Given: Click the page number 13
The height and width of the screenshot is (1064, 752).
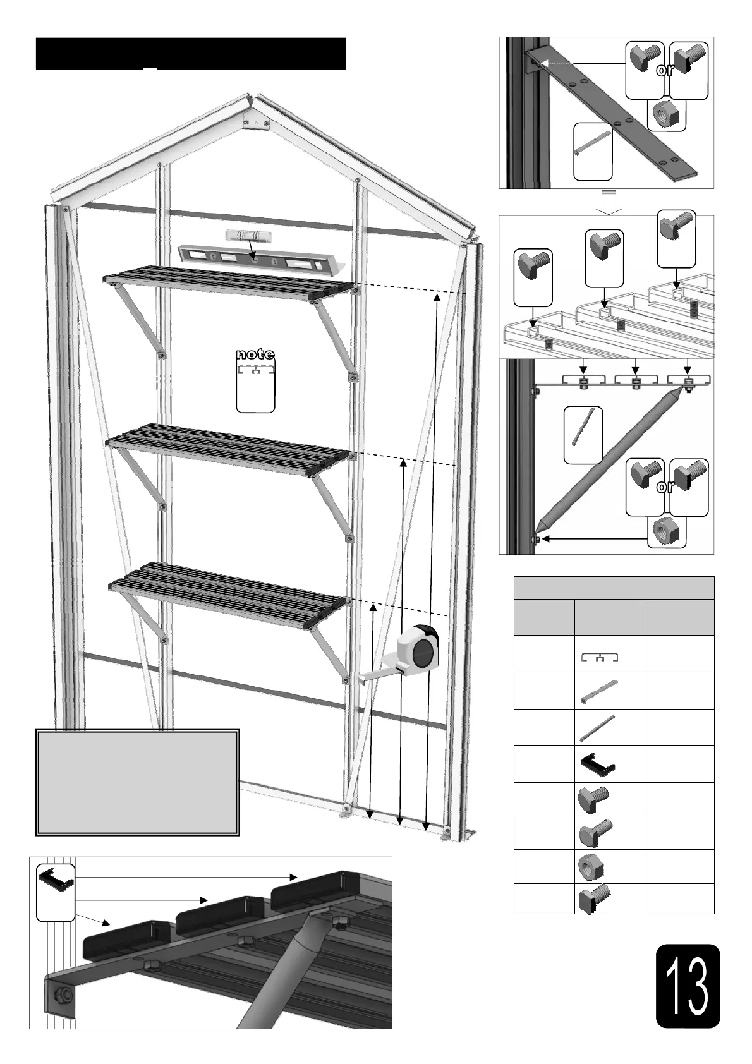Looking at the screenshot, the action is pos(688,986).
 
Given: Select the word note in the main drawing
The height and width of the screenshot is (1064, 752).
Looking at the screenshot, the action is pos(255,354).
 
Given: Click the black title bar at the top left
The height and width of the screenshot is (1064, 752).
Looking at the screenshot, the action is pos(190,54).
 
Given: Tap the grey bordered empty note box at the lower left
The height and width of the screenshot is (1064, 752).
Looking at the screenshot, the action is pos(137,782).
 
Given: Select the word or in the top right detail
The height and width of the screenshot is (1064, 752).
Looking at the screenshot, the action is pos(665,70).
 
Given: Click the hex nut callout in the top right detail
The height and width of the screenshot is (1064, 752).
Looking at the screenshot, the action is pos(666,115).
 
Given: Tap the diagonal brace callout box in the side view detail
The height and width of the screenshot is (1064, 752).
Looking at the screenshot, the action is pos(583,435).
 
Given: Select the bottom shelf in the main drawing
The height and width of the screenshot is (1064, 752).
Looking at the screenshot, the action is pos(227,590).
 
